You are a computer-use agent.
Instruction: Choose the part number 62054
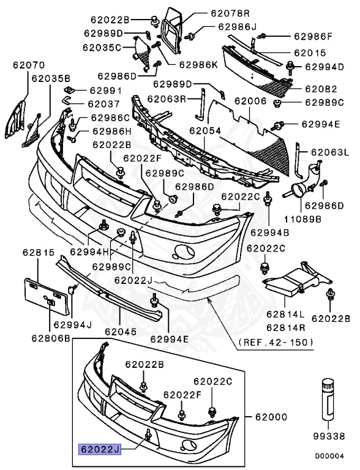pyautogui.click(x=204, y=130)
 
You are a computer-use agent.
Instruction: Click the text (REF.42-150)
pyautogui.click(x=274, y=341)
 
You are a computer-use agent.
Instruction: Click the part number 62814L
pyautogui.click(x=285, y=314)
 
